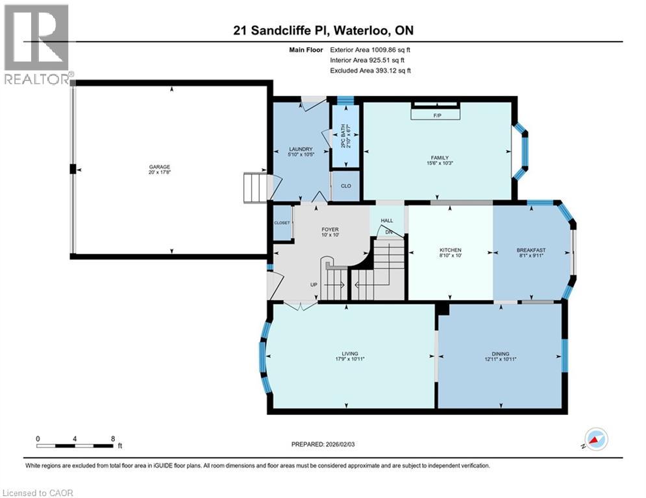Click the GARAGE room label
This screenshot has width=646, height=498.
pos(159,166)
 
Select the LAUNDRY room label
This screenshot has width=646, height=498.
pos(301,149)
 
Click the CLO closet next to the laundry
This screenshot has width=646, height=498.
pos(346,186)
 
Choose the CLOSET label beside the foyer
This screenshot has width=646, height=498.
pos(282,222)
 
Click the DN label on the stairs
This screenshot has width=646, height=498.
pos(389,231)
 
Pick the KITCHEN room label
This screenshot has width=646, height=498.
pos(450,250)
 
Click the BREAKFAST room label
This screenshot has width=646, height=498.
pos(531,250)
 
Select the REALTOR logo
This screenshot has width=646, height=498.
pos(37,44)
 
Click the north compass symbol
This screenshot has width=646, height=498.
pos(595,439)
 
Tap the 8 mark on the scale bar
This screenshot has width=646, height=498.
pos(113,438)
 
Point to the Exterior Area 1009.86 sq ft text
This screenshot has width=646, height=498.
pos(370,49)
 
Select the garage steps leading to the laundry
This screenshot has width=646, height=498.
pos(255,188)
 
